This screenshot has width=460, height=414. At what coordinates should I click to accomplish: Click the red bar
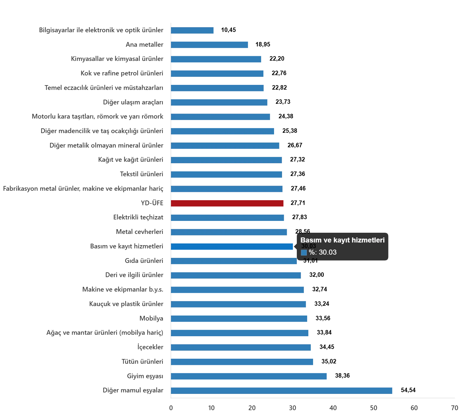pos(227,203)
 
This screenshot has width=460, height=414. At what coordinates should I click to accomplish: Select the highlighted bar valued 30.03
pos(232,246)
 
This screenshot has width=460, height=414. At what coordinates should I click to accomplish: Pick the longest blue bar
pos(281,390)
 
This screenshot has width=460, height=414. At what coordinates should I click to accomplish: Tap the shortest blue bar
pos(193,30)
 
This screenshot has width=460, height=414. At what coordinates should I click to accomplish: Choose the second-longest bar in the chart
pos(250,376)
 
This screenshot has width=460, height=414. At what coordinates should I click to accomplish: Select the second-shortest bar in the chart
pos(209,45)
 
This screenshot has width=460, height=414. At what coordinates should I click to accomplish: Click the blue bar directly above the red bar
pos(227,189)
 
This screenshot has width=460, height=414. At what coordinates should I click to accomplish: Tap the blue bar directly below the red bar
pos(228,218)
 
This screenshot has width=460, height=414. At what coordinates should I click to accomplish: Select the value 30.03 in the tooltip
pos(328,252)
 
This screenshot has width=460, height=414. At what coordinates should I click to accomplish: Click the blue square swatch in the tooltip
pos(304,253)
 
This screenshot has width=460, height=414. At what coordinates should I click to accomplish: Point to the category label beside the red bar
pos(151,203)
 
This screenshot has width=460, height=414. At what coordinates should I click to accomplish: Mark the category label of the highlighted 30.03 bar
pos(127,246)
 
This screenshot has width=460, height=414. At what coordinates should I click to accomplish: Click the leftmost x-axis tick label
pos(171,408)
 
